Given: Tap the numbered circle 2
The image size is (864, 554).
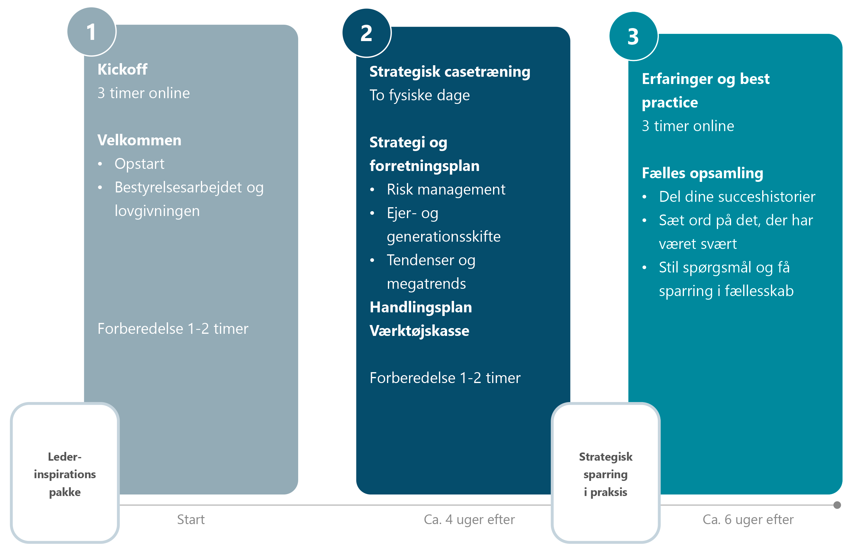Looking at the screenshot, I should coord(366,33).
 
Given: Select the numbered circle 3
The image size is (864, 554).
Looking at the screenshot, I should coord(633,36).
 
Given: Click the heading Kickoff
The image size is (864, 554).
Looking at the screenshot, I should coord(122,69).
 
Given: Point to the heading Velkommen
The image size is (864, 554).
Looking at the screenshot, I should coord(139,140).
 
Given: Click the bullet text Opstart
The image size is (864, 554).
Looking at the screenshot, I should coord(139,164).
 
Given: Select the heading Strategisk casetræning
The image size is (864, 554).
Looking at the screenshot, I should coord(450,72).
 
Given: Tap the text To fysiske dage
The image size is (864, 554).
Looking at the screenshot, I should coord(419,95).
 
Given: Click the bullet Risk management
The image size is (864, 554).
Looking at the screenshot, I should coord(446,190).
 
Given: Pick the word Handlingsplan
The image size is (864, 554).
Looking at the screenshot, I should coord(421,307).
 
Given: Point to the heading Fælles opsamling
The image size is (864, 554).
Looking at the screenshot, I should coord(702,173).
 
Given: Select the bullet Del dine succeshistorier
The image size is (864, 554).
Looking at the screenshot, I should coord(737,197).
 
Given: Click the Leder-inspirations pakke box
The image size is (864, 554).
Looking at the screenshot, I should coord(65,474).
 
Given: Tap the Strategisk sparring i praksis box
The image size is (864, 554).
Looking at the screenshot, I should coord(605,474).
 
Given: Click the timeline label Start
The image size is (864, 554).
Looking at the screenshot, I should coord(191,520).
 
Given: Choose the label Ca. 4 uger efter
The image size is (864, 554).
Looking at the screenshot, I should coord(469,520).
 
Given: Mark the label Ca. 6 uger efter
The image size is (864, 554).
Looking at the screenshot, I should coord(748,520).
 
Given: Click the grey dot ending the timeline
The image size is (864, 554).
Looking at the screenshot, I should coord(837,505).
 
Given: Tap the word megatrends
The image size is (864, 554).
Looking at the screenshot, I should coord(426,284).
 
